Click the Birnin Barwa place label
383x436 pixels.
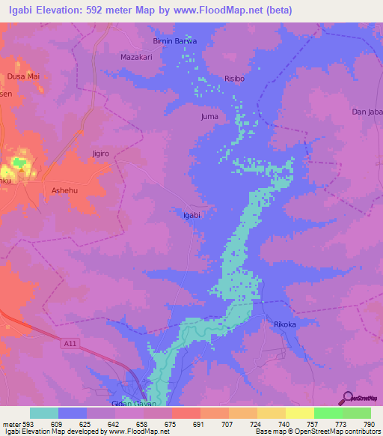tap(174, 40)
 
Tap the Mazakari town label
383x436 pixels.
tap(137, 56)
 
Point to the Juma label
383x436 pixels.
tap(211, 117)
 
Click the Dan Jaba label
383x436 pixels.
tap(367, 112)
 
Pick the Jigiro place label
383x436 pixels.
tap(100, 154)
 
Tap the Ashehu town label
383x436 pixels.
tap(64, 191)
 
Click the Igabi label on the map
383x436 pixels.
tap(191, 215)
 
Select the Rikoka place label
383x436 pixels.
tap(285, 324)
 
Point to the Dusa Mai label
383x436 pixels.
tap(23, 76)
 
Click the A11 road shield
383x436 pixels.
tap(68, 344)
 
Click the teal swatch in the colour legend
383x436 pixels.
tap(44, 413)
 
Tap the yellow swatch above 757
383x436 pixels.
tap(299, 413)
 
